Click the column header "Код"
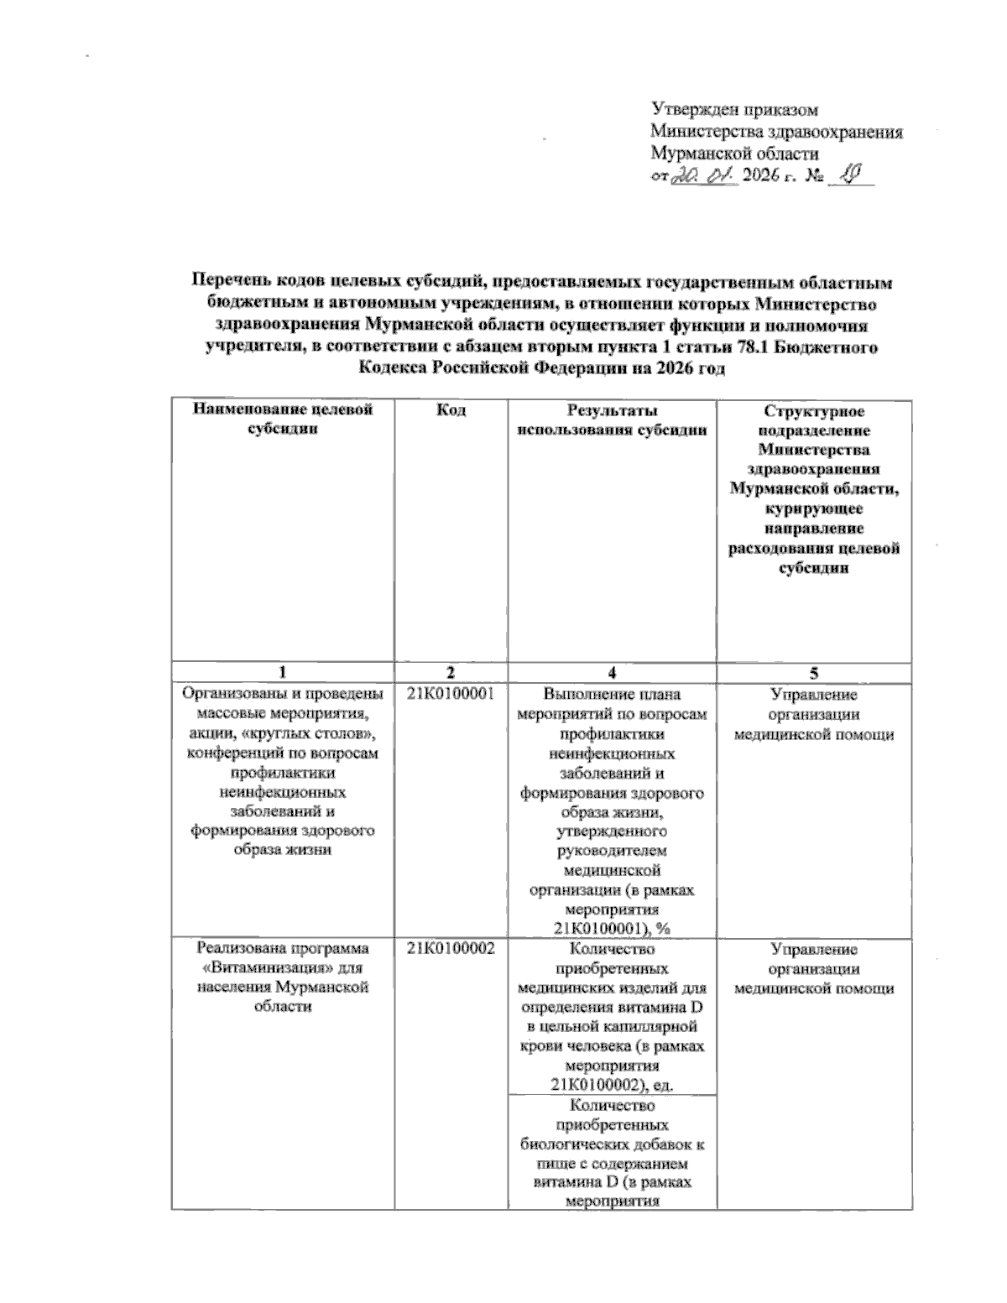click(451, 410)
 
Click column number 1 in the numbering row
click(282, 673)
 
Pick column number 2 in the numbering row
click(451, 673)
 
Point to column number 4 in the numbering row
click(612, 673)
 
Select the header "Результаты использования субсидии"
click(612, 419)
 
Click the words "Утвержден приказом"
click(734, 109)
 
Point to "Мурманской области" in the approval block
click(734, 154)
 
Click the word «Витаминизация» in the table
click(256, 968)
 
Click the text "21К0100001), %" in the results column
click(612, 927)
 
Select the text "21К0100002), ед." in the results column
click(612, 1085)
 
